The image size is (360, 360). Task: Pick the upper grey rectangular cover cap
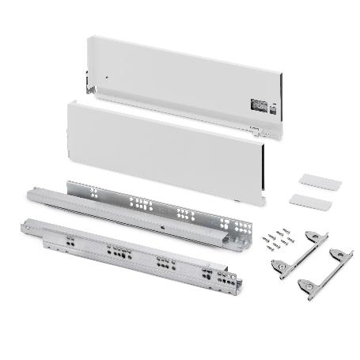(x=320, y=181)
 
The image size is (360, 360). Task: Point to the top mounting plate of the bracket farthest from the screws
(x=341, y=254)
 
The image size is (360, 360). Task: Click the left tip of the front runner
(x=25, y=227)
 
